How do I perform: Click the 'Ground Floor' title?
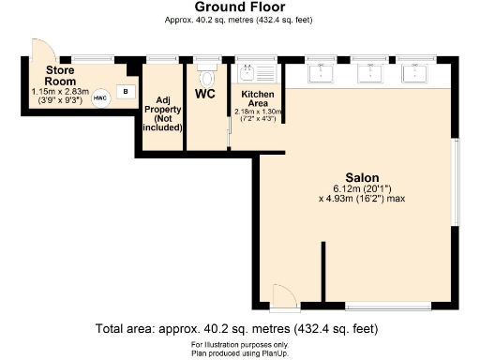click(x=239, y=7)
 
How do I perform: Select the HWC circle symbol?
click(x=100, y=96)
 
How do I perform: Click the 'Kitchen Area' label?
click(x=257, y=100)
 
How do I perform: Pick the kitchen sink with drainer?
click(x=257, y=70)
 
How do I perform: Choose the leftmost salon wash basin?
click(x=324, y=69)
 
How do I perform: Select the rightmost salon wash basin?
click(x=414, y=69)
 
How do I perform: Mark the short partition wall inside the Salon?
click(x=323, y=272)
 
